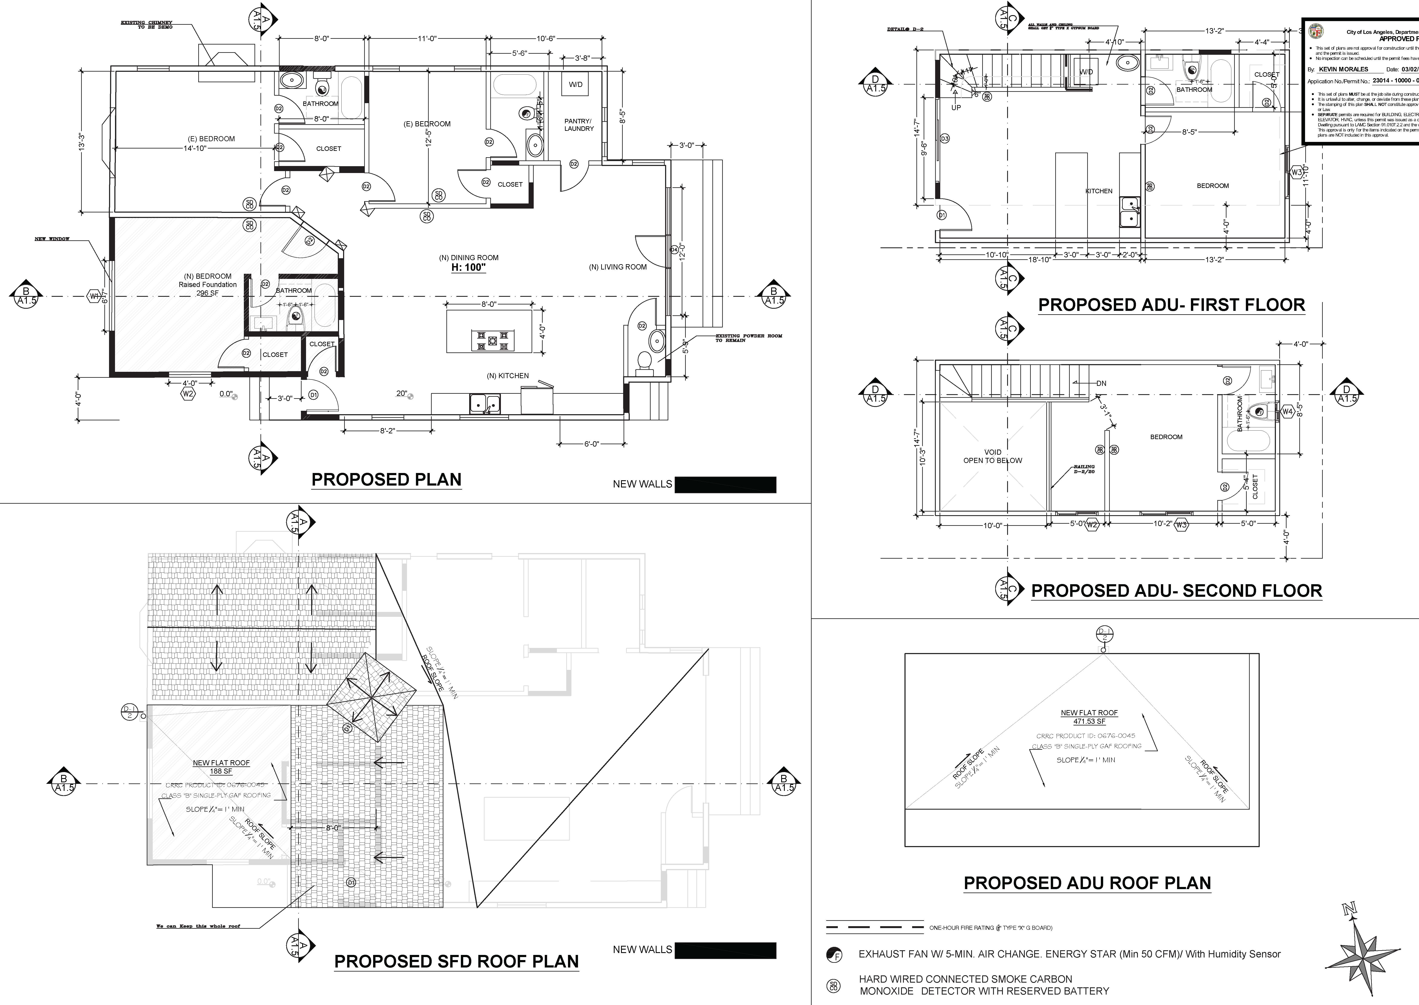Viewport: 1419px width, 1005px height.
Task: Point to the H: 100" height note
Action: [468, 268]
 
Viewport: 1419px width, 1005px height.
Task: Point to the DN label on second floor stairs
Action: [1101, 383]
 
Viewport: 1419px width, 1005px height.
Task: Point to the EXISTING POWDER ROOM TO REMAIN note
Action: [748, 338]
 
